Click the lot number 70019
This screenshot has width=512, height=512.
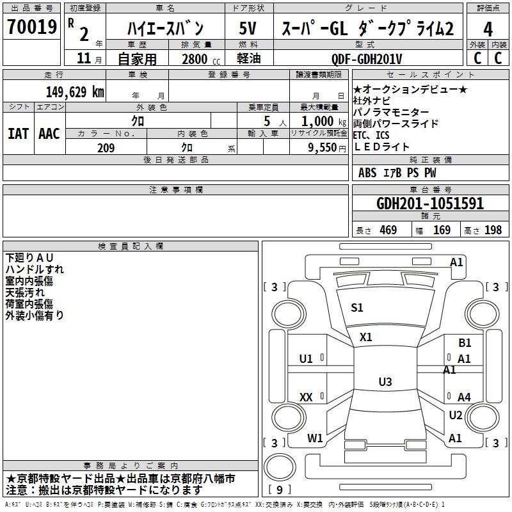click(x=32, y=27)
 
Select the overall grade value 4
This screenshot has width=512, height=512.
click(x=488, y=29)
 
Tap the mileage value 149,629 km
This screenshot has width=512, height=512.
click(x=75, y=92)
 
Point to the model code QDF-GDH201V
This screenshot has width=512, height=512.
click(x=367, y=59)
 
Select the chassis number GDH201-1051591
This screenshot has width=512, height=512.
click(x=430, y=204)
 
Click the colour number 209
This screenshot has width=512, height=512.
click(x=106, y=148)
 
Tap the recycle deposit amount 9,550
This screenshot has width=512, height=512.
click(x=323, y=148)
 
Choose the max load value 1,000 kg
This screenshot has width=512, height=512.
click(x=324, y=122)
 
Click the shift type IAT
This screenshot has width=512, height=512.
click(x=18, y=134)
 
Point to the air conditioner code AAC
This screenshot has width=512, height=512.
click(x=49, y=134)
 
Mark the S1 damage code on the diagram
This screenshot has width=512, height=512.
click(x=357, y=308)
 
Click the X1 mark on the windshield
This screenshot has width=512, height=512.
click(x=365, y=337)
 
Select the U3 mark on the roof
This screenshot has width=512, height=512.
click(x=385, y=381)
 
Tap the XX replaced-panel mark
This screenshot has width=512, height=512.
click(x=306, y=397)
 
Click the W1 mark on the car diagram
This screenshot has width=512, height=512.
click(x=315, y=438)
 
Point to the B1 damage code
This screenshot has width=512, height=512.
click(x=465, y=343)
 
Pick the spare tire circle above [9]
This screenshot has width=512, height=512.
click(x=280, y=467)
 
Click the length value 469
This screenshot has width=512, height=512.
click(x=388, y=230)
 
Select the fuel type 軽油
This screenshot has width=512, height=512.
click(x=249, y=58)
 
